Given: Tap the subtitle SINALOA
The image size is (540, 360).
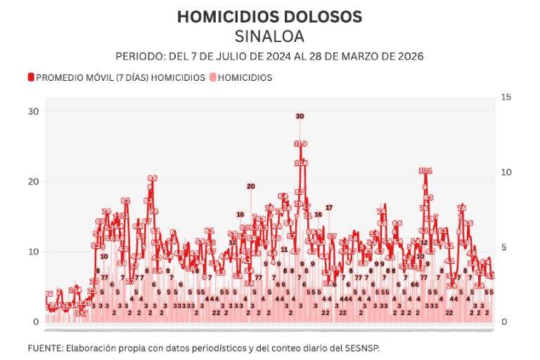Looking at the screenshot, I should [x=269, y=36].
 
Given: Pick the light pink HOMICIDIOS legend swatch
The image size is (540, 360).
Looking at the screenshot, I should [x=213, y=77].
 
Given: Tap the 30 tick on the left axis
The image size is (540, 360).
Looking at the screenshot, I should [x=33, y=111].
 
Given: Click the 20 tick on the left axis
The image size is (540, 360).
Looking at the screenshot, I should [x=33, y=181].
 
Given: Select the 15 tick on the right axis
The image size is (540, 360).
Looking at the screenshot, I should [x=505, y=97].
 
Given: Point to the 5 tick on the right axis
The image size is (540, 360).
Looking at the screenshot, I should [x=503, y=247].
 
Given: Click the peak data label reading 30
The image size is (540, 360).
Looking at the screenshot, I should [x=300, y=116].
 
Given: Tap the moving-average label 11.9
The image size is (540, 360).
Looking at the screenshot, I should [x=300, y=143].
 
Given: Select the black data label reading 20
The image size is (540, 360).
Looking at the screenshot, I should [x=250, y=186].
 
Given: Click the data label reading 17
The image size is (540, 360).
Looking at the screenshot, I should [x=328, y=207].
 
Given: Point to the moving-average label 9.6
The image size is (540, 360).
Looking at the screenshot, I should [x=152, y=178].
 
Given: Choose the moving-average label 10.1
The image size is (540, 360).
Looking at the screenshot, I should [x=425, y=170].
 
